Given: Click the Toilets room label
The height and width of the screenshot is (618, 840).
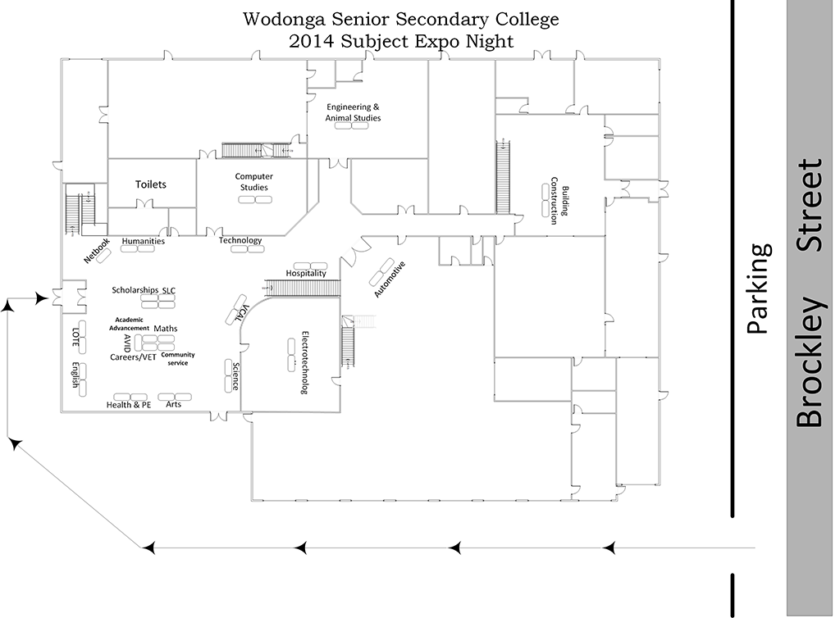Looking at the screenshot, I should (151, 184).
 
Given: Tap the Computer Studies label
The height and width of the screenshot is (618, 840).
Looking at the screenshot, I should (253, 182).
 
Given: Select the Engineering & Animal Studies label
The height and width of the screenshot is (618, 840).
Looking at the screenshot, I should (353, 112).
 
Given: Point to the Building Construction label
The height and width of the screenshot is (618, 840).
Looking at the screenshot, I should (559, 200).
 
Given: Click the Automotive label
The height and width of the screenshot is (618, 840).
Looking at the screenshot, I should (390, 279).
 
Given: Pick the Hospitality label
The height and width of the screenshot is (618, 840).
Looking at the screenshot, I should (306, 273).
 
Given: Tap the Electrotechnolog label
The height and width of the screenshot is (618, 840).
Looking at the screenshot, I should (304, 363).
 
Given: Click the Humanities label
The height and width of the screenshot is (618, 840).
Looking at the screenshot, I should (144, 241).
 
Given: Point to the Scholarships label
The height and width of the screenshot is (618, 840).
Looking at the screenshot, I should (135, 290).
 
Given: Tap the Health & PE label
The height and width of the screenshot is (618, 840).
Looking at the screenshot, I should (129, 405).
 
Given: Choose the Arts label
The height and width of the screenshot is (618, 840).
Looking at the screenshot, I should (174, 405).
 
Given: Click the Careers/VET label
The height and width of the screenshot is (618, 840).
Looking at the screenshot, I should (133, 357).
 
